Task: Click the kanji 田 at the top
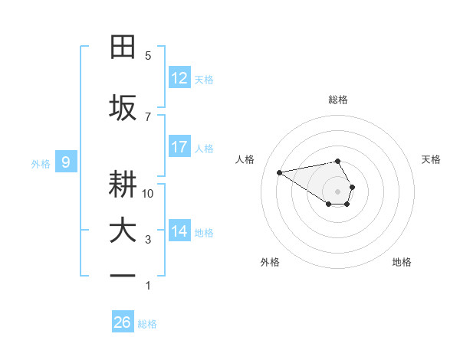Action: tap(123, 47)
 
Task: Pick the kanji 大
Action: tap(123, 231)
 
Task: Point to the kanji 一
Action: tap(123, 277)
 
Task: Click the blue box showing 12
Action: tap(179, 78)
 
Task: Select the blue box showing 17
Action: tap(179, 147)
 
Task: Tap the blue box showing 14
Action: tap(179, 231)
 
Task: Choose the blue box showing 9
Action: tap(66, 162)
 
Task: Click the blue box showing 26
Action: tap(123, 322)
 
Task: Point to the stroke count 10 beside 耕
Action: tap(148, 193)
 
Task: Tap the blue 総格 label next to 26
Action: tap(147, 324)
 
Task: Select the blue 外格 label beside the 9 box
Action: tap(41, 163)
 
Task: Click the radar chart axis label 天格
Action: tap(431, 159)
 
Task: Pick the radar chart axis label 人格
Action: tap(245, 159)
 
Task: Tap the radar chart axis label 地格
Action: tap(402, 262)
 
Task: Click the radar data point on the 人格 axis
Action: tap(279, 172)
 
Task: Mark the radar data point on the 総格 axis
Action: tap(337, 161)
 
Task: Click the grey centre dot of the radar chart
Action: tap(337, 191)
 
